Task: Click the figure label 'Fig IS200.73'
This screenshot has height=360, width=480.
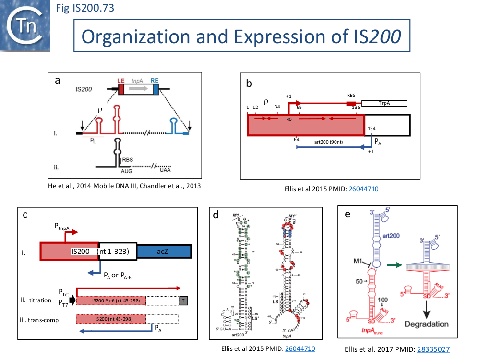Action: (85, 8)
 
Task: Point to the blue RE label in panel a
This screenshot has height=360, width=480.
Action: (155, 82)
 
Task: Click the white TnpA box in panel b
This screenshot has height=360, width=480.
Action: (384, 103)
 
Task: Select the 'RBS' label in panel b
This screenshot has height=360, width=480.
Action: (351, 96)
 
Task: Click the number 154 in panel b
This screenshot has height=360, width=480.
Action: (372, 129)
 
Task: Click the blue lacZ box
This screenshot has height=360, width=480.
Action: (164, 251)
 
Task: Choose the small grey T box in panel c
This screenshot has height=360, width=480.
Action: (183, 300)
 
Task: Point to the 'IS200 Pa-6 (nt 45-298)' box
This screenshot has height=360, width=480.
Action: (111, 300)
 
